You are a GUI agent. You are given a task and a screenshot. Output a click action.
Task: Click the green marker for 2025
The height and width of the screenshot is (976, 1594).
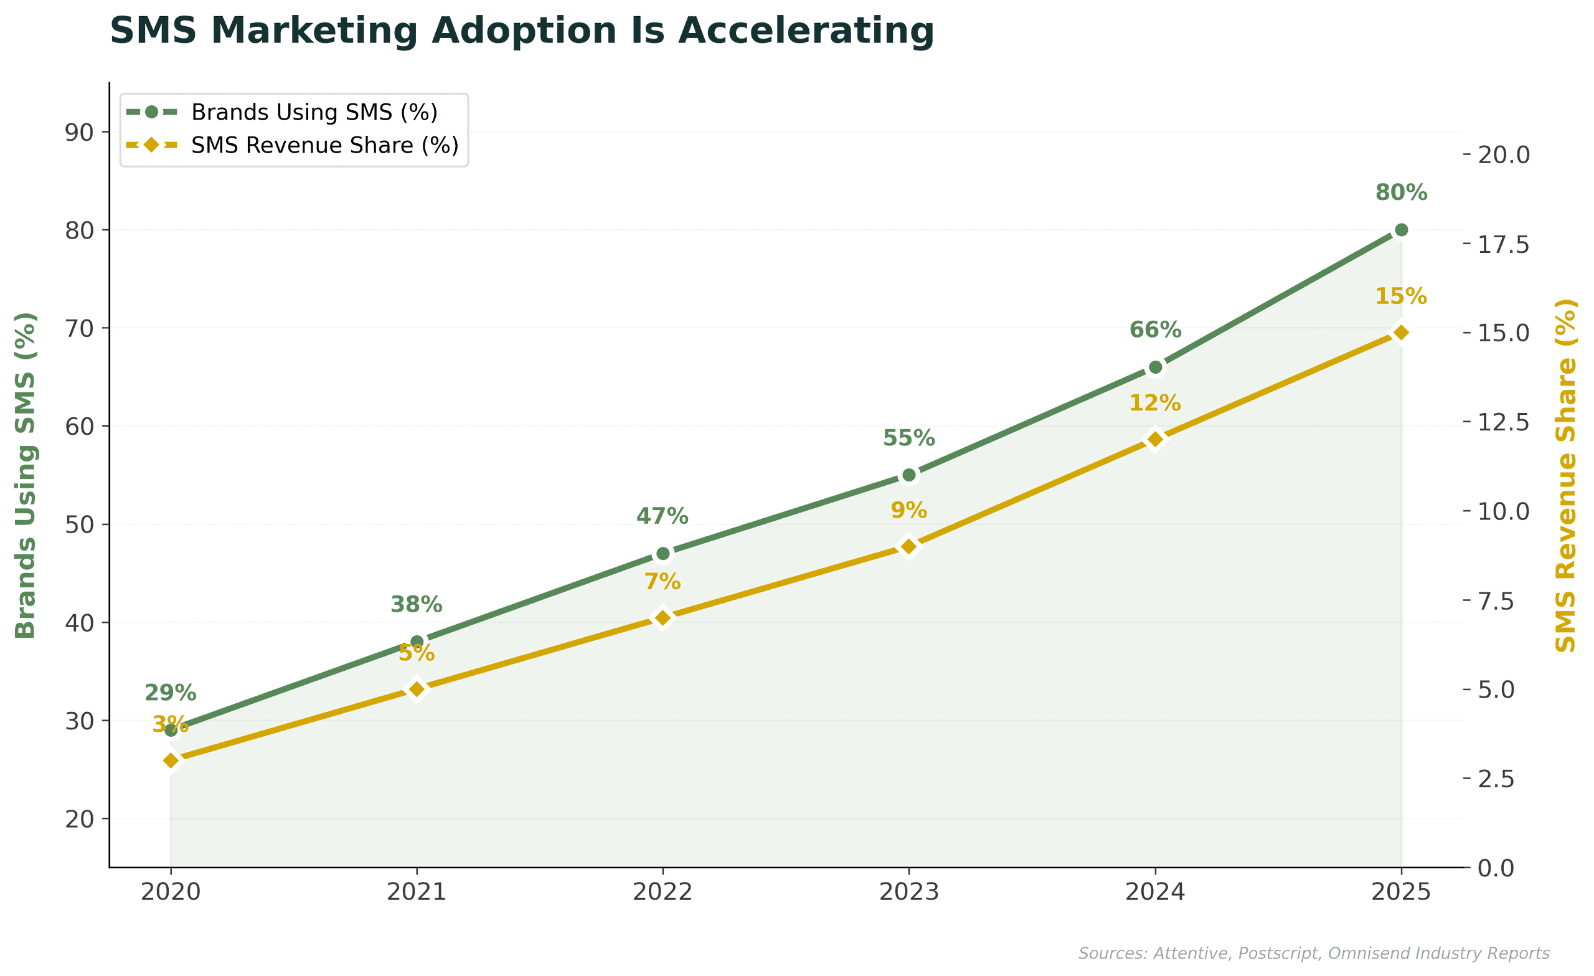(1401, 230)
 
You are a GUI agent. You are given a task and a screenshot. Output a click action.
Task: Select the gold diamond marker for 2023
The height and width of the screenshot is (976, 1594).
(909, 547)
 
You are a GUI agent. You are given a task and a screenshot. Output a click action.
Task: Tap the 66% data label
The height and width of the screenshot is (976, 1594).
(1156, 330)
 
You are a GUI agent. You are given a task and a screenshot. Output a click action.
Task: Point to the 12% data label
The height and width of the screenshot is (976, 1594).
(1156, 403)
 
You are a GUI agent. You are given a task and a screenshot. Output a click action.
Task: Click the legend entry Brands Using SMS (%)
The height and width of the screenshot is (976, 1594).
(314, 113)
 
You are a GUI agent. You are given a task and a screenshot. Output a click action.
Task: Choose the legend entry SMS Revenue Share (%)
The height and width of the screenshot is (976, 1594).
(324, 146)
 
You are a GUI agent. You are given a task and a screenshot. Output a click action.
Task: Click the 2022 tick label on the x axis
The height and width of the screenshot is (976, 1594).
(663, 893)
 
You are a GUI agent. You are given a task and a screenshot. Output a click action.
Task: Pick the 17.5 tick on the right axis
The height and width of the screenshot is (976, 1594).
(1504, 245)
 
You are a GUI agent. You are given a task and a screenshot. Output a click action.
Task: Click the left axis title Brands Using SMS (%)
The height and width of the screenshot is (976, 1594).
(26, 476)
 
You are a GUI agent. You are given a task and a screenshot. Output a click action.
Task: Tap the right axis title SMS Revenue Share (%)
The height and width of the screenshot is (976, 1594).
(1565, 476)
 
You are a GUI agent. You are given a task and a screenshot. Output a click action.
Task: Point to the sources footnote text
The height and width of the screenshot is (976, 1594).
(1313, 954)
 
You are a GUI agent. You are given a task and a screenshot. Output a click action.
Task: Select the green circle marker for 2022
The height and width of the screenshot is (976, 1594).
(663, 554)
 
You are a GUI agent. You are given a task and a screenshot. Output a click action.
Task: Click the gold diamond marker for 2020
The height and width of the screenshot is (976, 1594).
(171, 760)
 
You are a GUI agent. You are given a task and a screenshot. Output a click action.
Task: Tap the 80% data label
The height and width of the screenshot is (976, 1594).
(1401, 193)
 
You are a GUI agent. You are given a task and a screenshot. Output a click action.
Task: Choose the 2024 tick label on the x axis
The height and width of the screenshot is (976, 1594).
(1156, 893)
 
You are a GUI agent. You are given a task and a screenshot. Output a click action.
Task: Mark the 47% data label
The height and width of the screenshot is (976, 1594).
(663, 516)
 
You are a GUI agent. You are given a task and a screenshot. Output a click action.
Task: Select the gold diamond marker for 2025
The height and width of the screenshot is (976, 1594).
(1401, 333)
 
